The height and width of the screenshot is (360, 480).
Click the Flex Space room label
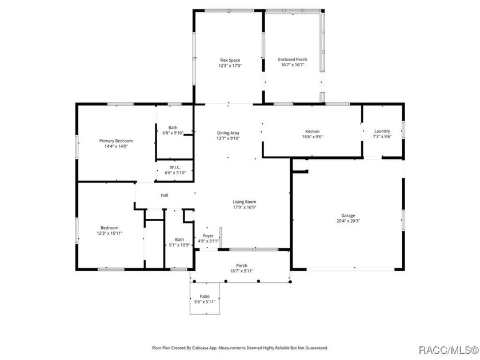230,60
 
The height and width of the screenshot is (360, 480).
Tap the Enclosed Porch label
292,59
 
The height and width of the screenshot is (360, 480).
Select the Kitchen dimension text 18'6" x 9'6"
312,137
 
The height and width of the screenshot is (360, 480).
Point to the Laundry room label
382,131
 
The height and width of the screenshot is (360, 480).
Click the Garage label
349,215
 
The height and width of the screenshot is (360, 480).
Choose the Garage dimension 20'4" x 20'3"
349,221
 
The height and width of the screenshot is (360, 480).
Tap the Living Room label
244,202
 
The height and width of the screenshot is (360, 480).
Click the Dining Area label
229,133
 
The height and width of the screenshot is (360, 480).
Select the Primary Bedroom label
116,141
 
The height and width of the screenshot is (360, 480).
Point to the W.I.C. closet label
175,167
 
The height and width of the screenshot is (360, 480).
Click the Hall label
165,195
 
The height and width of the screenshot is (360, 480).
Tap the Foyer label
208,235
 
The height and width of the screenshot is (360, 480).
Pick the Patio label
205,296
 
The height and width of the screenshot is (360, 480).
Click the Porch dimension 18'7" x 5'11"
242,271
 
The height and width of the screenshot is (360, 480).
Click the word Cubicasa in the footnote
212,347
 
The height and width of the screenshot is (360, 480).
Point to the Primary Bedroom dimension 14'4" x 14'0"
116,146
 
